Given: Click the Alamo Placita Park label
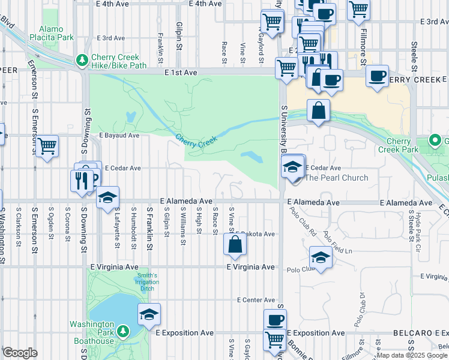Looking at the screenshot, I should [56, 32].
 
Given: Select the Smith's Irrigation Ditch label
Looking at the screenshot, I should [146, 282].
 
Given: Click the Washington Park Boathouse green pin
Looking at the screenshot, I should [123, 331].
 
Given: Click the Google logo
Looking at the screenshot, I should [20, 353].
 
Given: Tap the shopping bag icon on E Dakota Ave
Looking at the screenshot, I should [235, 244].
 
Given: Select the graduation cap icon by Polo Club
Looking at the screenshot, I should [321, 259].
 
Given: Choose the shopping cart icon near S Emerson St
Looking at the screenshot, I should [47, 146].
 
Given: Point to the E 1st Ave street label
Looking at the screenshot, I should [181, 73].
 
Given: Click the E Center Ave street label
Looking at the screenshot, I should [256, 299].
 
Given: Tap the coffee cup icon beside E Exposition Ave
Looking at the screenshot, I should [275, 319].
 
